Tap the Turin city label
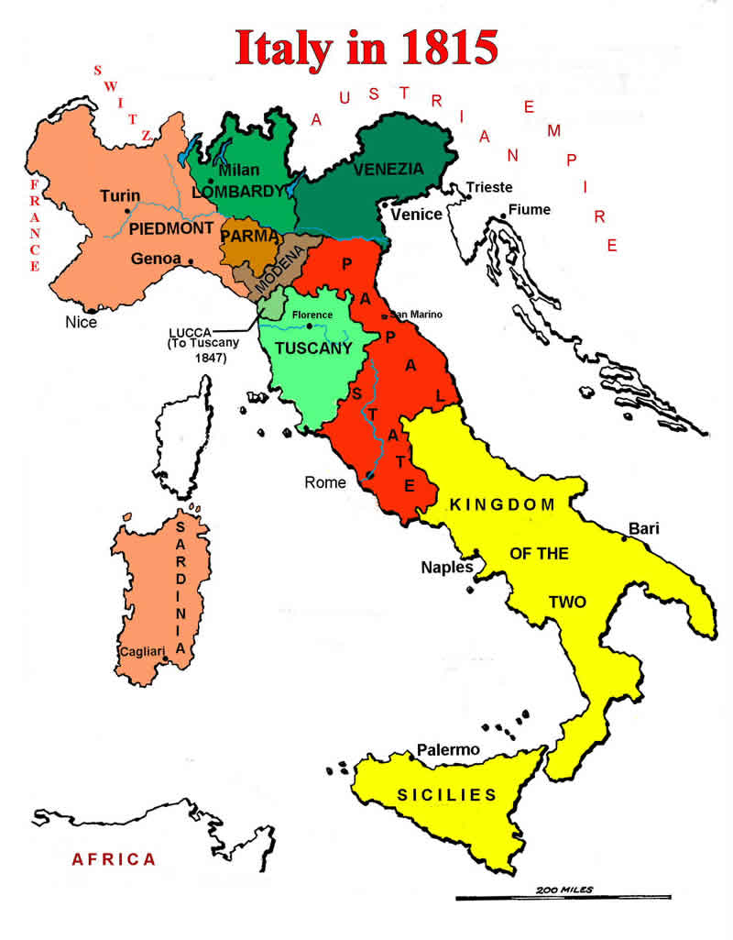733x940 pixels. click(120, 195)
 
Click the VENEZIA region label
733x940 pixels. click(388, 169)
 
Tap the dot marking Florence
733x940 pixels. click(310, 326)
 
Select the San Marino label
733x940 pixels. click(417, 314)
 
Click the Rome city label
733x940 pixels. click(326, 482)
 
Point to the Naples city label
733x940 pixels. click(446, 567)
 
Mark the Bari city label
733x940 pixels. click(644, 528)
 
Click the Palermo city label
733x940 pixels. click(448, 750)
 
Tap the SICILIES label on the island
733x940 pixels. click(446, 795)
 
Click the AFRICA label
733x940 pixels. click(115, 859)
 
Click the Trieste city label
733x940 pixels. click(489, 187)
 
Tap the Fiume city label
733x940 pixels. click(530, 209)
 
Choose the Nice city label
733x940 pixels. click(81, 322)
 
